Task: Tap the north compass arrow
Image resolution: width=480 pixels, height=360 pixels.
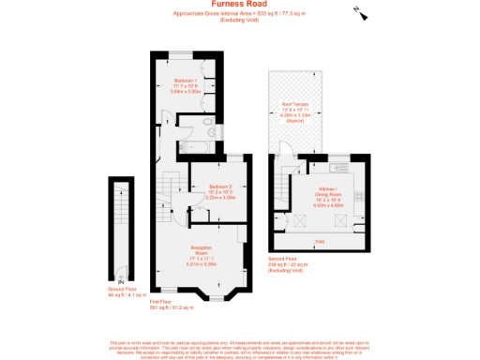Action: (x=361, y=12)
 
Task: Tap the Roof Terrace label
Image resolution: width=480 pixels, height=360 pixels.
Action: (x=296, y=104)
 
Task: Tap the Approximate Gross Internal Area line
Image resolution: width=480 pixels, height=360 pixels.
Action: (x=240, y=14)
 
